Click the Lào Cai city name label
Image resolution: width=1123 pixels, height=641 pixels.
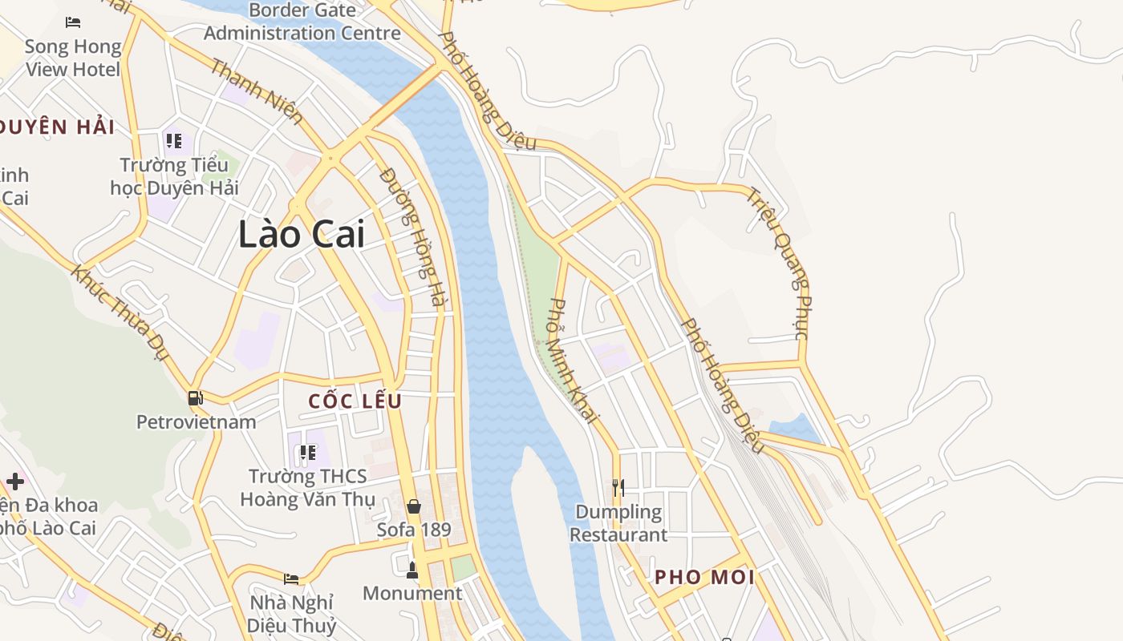pyautogui.click(x=302, y=234)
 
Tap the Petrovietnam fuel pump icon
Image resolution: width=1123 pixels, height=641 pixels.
pyautogui.click(x=195, y=397)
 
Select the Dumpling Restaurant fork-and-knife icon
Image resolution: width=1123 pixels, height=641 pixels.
pyautogui.click(x=618, y=487)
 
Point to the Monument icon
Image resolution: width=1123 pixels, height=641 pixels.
pyautogui.click(x=412, y=570)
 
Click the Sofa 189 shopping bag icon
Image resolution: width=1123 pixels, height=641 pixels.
pyautogui.click(x=414, y=506)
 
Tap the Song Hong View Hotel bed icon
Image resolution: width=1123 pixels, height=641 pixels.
pyautogui.click(x=73, y=22)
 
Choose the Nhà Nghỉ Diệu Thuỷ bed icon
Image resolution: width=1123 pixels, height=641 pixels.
pyautogui.click(x=291, y=579)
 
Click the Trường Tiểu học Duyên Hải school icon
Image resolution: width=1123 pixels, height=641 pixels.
pyautogui.click(x=173, y=142)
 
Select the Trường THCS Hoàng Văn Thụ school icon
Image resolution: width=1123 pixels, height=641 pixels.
pyautogui.click(x=307, y=454)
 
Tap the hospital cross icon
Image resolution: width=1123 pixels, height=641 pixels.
pyautogui.click(x=14, y=481)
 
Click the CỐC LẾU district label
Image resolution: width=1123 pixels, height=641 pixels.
pyautogui.click(x=355, y=401)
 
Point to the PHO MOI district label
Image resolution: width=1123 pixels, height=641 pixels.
pyautogui.click(x=704, y=577)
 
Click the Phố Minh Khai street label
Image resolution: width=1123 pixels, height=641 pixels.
pyautogui.click(x=574, y=361)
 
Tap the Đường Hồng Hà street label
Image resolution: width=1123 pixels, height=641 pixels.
pyautogui.click(x=412, y=236)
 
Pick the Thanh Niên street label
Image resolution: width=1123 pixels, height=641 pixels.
pyautogui.click(x=257, y=91)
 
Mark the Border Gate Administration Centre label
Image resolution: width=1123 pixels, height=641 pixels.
pyautogui.click(x=302, y=22)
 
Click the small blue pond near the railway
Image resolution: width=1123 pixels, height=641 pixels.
pyautogui.click(x=793, y=431)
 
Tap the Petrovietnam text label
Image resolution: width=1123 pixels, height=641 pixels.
pyautogui.click(x=197, y=422)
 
